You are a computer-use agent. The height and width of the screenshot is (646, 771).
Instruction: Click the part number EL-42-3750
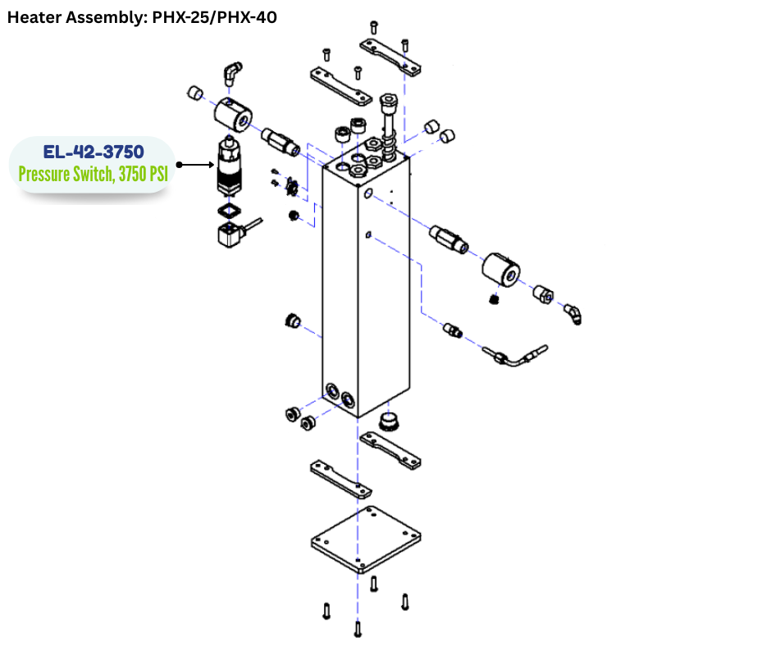[92, 152]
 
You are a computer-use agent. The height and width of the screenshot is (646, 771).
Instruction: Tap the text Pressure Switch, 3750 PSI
[92, 174]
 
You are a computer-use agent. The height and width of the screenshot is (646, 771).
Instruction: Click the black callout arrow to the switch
[192, 165]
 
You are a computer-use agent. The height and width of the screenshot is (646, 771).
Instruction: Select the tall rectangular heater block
[365, 287]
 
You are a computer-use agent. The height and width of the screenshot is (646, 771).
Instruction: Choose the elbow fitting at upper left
[233, 73]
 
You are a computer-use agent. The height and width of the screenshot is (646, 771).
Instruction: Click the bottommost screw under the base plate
[358, 629]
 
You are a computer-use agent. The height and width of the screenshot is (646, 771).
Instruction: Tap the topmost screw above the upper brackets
[373, 27]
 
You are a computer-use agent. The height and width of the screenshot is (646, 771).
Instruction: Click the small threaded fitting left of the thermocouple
[452, 330]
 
